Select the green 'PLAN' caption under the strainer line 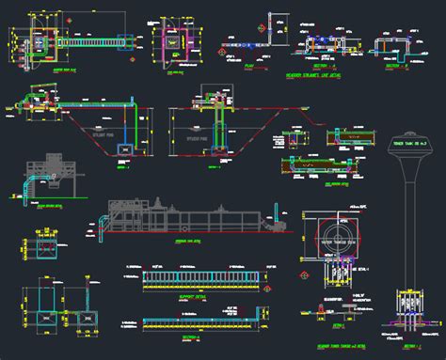pos(249,67)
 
